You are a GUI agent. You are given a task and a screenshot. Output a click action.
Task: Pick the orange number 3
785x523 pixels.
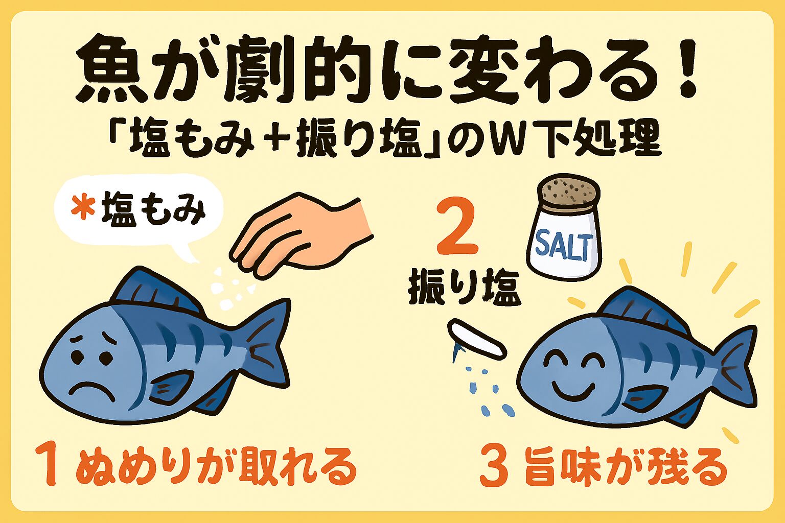coord(494,467)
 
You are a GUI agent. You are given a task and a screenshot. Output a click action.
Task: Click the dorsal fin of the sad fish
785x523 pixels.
coord(153,291)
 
